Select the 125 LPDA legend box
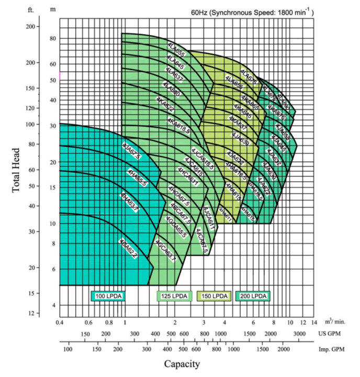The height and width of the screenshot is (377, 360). [174, 296]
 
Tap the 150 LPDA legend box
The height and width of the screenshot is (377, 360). [213, 296]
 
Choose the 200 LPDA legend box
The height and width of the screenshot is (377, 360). [253, 296]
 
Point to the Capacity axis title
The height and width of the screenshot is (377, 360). [182, 364]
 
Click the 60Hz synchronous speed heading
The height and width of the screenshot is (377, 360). [253, 12]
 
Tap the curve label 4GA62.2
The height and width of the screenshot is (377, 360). [128, 248]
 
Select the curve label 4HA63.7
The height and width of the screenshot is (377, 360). [130, 203]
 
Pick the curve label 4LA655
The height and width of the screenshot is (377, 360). [176, 52]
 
